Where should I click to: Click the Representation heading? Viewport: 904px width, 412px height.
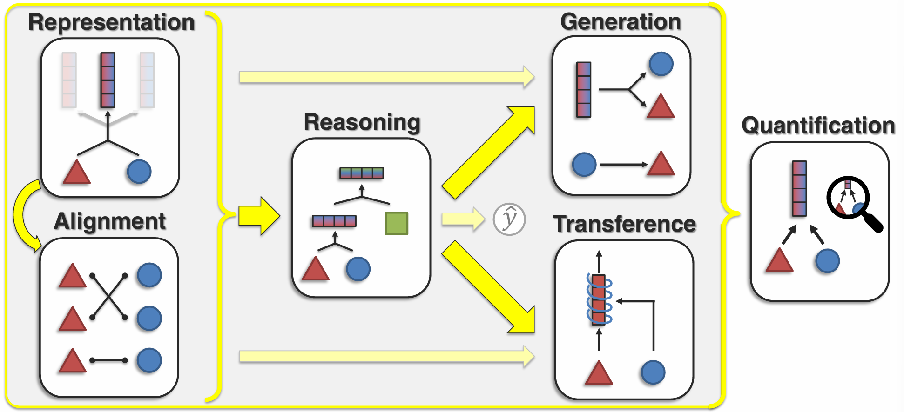(111, 22)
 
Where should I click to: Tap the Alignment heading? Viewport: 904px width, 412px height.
(110, 221)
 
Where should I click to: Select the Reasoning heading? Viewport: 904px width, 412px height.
(362, 122)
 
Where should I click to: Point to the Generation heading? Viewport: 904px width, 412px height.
(621, 22)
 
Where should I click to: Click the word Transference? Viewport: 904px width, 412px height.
(624, 224)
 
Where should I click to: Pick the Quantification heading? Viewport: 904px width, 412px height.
(818, 126)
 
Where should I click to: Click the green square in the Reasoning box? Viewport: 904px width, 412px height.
(397, 223)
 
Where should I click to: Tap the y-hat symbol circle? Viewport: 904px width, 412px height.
(509, 219)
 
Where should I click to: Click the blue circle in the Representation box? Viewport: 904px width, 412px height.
(139, 172)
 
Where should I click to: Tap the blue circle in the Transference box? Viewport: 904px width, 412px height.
(653, 372)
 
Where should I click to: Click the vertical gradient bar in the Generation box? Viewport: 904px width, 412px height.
(584, 90)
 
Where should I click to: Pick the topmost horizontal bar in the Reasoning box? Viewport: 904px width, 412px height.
(362, 173)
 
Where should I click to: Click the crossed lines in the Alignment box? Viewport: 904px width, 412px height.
(108, 296)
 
